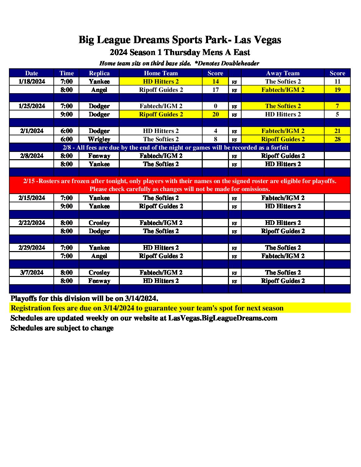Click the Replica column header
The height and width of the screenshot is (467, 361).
click(x=99, y=73)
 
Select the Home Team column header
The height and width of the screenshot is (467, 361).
click(x=161, y=73)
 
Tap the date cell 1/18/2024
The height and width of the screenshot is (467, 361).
click(x=32, y=82)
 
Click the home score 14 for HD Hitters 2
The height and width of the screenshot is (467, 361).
click(x=215, y=82)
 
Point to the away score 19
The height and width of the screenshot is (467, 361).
click(x=337, y=90)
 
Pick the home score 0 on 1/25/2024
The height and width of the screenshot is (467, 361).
click(x=215, y=106)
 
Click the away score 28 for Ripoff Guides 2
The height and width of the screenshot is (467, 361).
click(x=337, y=139)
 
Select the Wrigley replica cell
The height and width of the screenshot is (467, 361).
click(x=99, y=139)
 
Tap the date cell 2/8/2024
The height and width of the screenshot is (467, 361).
click(x=32, y=156)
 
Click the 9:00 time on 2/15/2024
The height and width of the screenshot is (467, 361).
click(x=67, y=206)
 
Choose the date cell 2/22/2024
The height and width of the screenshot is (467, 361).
click(x=32, y=223)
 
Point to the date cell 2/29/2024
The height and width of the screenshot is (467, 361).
click(x=32, y=248)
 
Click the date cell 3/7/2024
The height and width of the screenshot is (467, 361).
click(x=32, y=273)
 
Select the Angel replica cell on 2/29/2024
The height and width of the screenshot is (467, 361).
click(x=99, y=256)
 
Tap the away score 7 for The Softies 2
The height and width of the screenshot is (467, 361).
click(x=337, y=106)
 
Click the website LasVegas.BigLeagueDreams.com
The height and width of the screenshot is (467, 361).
click(x=223, y=318)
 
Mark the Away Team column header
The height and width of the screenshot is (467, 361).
click(x=283, y=73)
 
